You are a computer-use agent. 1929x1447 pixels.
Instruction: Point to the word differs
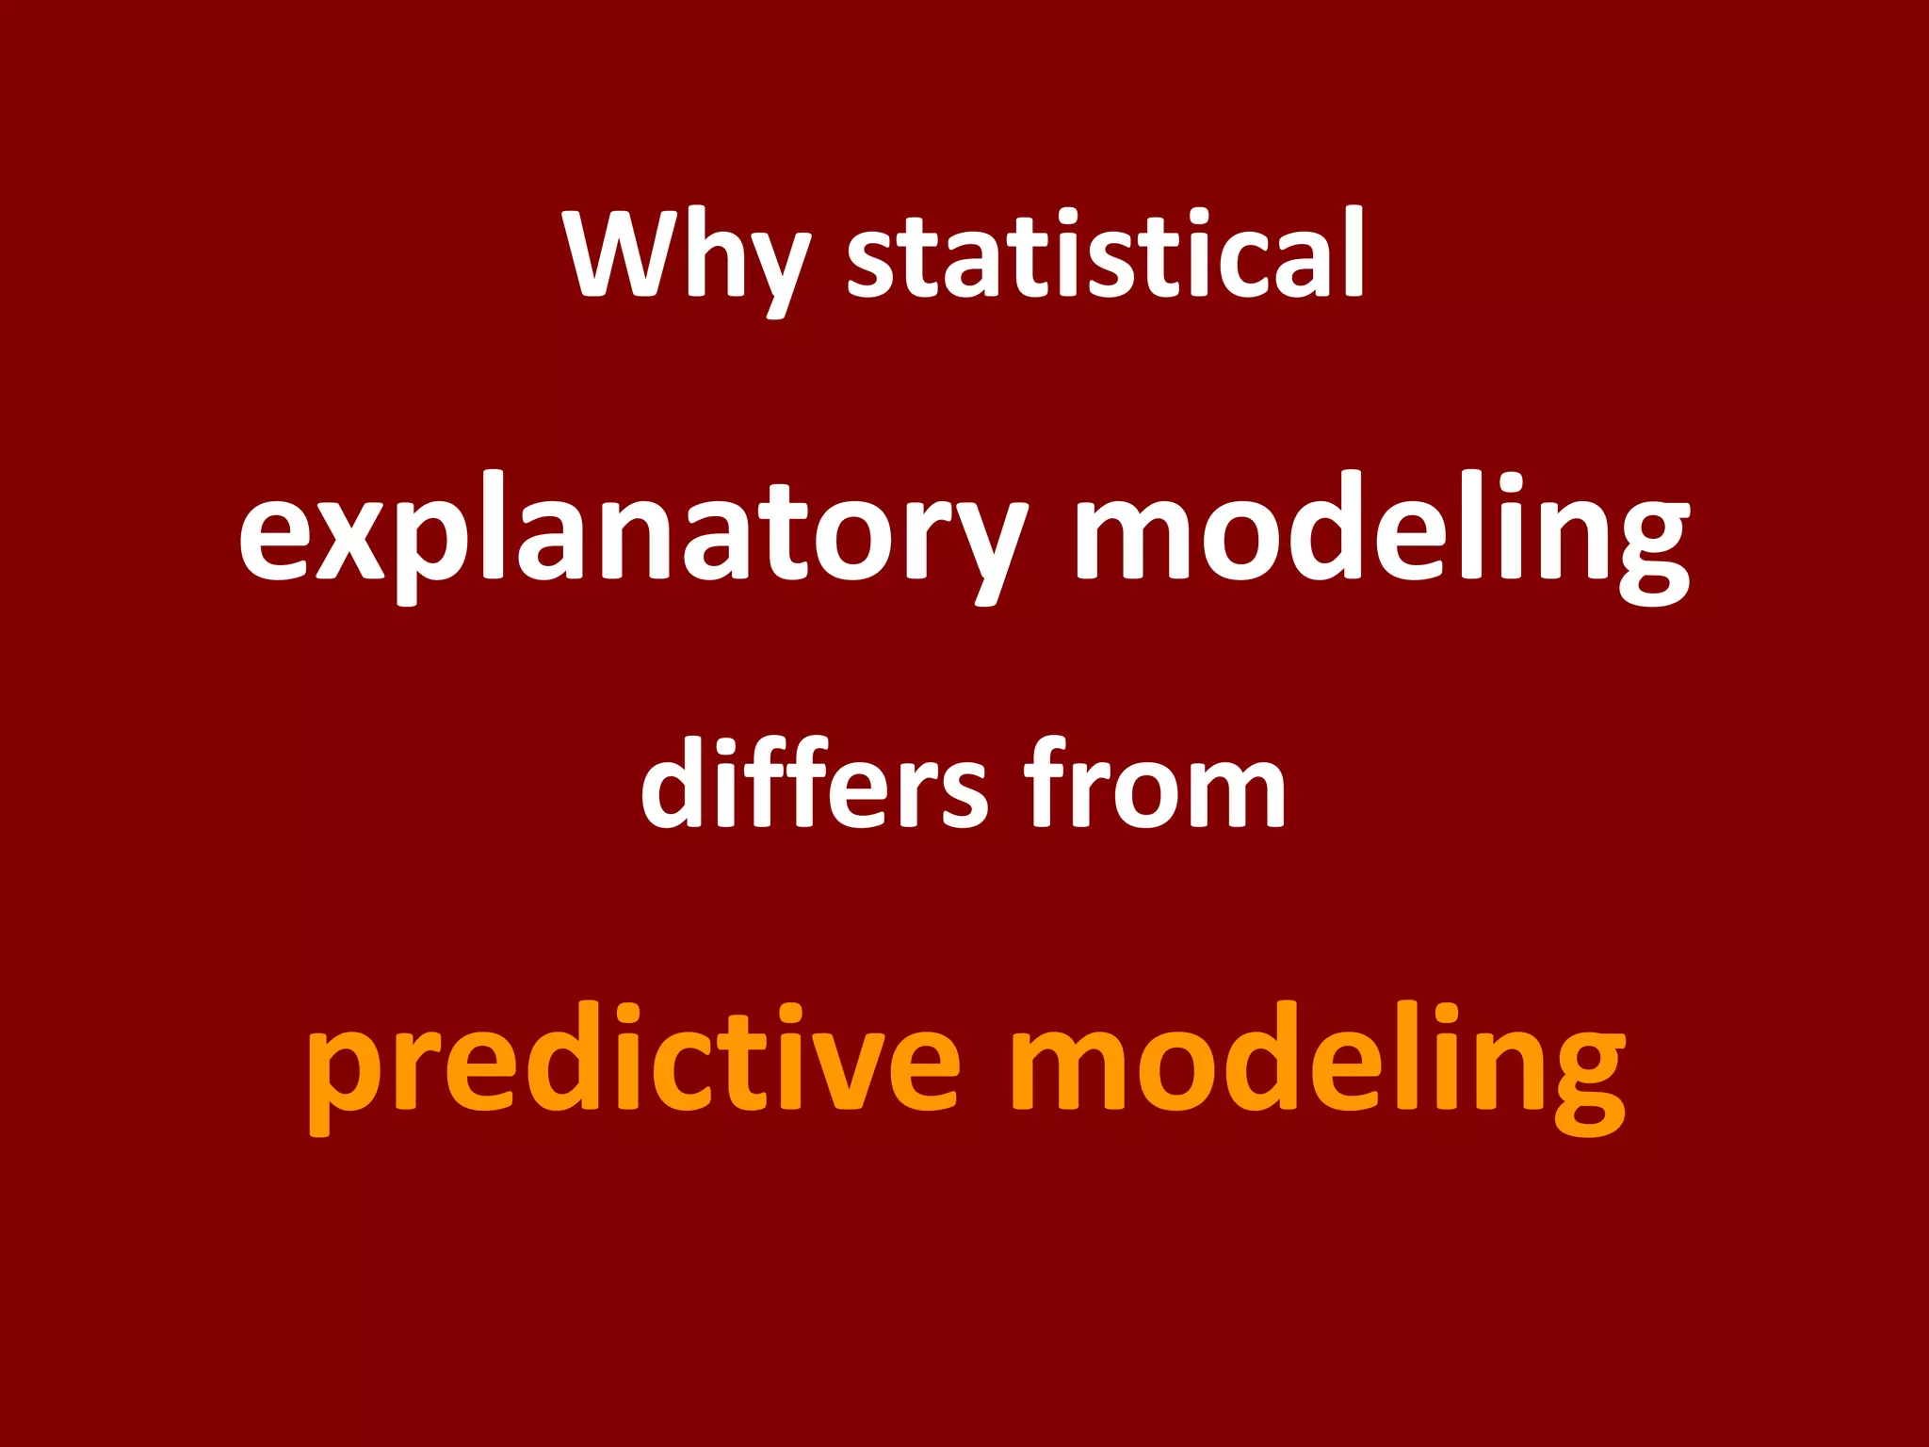pyautogui.click(x=814, y=785)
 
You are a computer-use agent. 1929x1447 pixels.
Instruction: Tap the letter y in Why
pyautogui.click(x=773, y=268)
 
